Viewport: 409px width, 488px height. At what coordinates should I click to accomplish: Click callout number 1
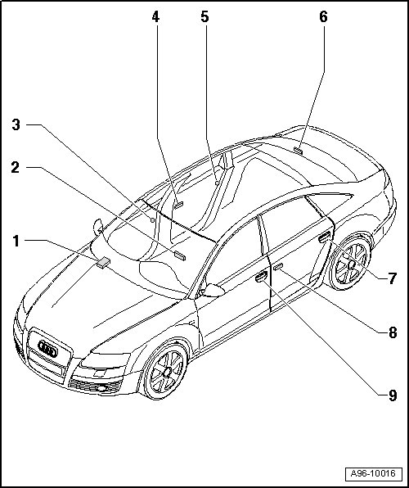16,242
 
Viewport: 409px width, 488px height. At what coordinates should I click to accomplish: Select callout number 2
16,167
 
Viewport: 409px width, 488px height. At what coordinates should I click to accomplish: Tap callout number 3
16,124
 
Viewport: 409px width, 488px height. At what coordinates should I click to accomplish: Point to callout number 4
155,17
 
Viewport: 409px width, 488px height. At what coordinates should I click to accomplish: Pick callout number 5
204,17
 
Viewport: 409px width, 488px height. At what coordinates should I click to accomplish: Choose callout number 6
323,17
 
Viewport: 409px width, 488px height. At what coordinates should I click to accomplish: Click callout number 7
393,278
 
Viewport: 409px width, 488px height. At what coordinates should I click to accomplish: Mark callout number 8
393,332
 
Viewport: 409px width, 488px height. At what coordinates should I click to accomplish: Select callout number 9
393,395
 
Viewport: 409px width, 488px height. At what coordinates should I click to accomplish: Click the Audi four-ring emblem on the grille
47,349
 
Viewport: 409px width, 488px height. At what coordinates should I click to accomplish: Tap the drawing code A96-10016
373,474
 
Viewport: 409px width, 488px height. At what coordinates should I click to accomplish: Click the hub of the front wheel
168,372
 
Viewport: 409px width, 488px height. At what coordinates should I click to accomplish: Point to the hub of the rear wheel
352,265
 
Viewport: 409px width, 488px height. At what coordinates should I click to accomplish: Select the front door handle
261,277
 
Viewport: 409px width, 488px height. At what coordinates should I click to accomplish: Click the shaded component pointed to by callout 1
103,262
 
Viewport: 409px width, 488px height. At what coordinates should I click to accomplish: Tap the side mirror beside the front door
213,290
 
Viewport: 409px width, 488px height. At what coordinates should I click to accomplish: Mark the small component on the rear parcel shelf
299,151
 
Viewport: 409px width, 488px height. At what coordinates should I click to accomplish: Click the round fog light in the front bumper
101,388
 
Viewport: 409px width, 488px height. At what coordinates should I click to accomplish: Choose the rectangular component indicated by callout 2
180,255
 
